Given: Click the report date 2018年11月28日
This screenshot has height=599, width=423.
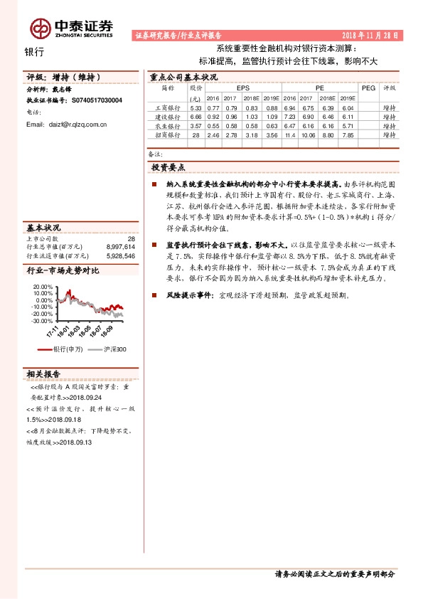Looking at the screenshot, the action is [x=371, y=34].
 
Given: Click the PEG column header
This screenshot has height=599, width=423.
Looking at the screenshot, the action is [x=368, y=88].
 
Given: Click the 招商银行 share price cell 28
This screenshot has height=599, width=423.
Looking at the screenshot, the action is [x=196, y=134].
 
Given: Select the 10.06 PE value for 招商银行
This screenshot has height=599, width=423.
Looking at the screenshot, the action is [x=307, y=134].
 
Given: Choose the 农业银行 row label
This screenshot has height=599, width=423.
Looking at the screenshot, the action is [x=168, y=124].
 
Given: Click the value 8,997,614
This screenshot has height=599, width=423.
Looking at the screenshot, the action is [x=120, y=247].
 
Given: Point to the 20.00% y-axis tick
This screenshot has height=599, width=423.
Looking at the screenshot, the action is [x=42, y=286].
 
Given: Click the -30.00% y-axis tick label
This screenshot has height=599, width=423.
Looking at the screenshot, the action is [x=41, y=321].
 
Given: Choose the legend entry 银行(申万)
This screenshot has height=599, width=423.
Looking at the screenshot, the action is [x=68, y=349].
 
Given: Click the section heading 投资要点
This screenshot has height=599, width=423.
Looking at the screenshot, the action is [x=168, y=167].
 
